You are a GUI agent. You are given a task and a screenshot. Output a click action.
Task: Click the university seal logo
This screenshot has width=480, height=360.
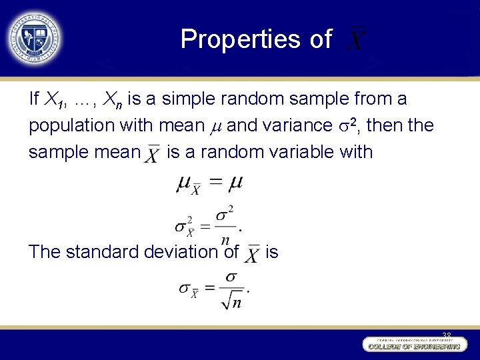33,37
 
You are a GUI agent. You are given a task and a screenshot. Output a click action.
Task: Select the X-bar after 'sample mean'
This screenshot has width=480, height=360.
153,154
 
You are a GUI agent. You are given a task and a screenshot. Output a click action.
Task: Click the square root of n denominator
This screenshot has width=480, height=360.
232,301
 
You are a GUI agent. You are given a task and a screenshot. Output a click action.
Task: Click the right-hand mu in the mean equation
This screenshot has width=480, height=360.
233,181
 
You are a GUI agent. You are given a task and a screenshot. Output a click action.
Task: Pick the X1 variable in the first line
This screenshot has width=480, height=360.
54,100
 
